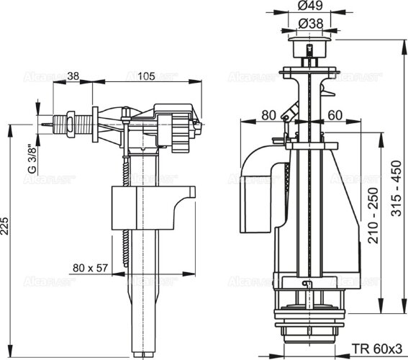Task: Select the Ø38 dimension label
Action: point(311,23)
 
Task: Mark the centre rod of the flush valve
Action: point(311,180)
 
